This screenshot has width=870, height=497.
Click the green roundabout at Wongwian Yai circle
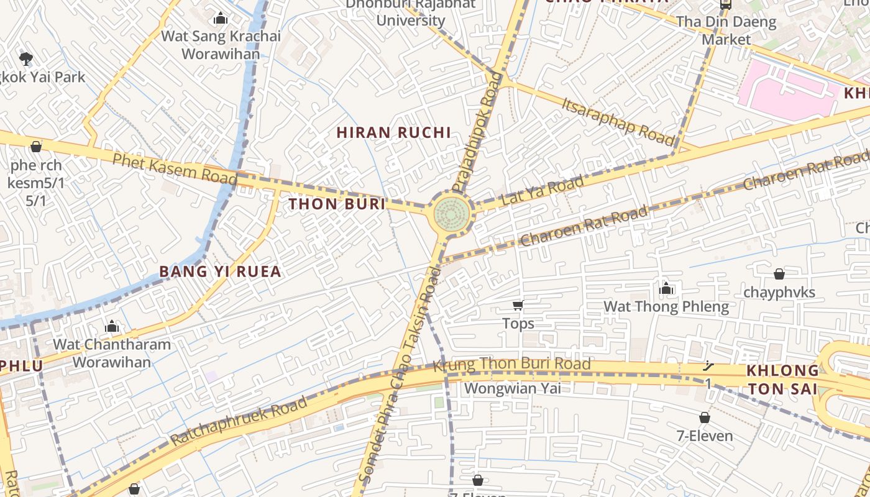point(452,214)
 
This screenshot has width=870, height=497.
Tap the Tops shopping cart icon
point(518,305)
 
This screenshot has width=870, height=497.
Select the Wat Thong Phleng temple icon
point(666,288)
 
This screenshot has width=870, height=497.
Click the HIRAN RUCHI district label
point(393,132)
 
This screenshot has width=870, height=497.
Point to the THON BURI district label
point(337,204)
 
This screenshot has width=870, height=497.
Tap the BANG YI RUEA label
point(220,271)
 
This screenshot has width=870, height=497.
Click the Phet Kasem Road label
point(175,169)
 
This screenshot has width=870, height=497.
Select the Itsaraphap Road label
point(618,121)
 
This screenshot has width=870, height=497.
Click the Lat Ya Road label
point(542,190)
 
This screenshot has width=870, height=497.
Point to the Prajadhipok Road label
point(477,132)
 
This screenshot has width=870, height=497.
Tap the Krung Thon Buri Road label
point(511,365)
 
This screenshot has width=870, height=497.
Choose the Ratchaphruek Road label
point(239,421)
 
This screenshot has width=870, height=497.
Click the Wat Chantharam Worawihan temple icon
point(112,326)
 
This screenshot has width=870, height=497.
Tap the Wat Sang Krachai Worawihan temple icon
point(221,19)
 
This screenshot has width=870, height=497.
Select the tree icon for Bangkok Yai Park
point(25,59)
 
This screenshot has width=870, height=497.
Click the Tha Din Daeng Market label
point(726,30)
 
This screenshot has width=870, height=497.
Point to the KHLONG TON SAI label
point(782,380)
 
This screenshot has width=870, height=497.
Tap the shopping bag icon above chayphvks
point(779,274)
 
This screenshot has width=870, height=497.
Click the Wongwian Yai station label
point(512,388)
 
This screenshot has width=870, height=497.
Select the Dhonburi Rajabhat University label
point(411,12)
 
